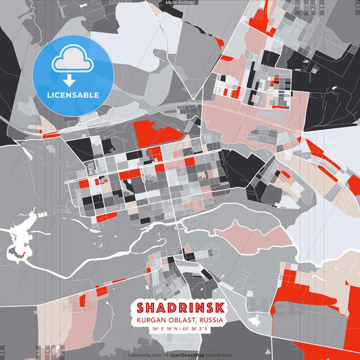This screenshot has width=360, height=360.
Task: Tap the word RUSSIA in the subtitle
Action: click(210, 320)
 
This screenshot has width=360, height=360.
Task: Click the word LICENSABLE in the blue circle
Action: click(72, 95)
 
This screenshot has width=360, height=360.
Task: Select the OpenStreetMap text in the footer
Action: click(191, 355)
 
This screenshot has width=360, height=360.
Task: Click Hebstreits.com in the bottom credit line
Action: click(143, 355)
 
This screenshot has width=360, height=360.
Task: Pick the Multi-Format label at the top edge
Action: click(180, 3)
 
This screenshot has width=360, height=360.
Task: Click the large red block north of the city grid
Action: click(157, 132)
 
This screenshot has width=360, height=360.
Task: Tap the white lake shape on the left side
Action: click(20, 240)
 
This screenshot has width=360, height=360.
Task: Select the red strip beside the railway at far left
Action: click(51, 135)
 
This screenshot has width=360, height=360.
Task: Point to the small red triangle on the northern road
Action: click(218, 42)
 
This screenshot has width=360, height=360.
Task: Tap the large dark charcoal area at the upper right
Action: click(331, 74)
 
